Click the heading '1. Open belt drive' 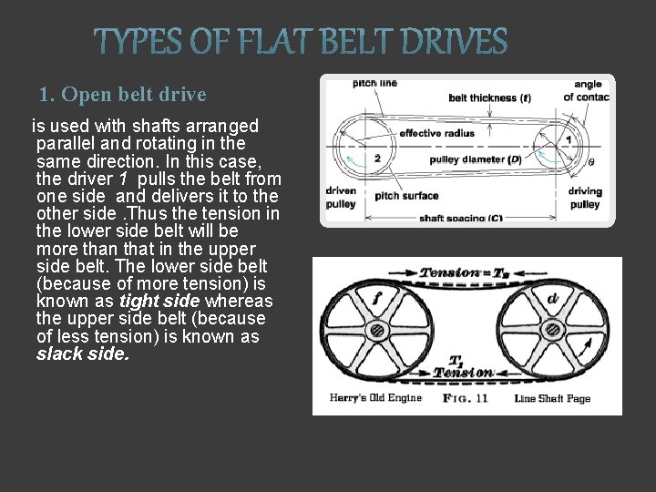pos(123,95)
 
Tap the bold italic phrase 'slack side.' pos(83,354)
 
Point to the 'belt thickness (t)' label pos(489,98)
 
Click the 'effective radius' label pos(436,133)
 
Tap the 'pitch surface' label pos(406,196)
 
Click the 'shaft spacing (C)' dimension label pos(461,219)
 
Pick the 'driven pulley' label pos(340,198)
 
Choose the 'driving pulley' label pos(584,198)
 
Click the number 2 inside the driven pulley pos(352,158)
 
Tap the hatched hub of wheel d pos(551,329)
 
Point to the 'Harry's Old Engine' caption pos(375,398)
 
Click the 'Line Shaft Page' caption pos(552,398)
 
